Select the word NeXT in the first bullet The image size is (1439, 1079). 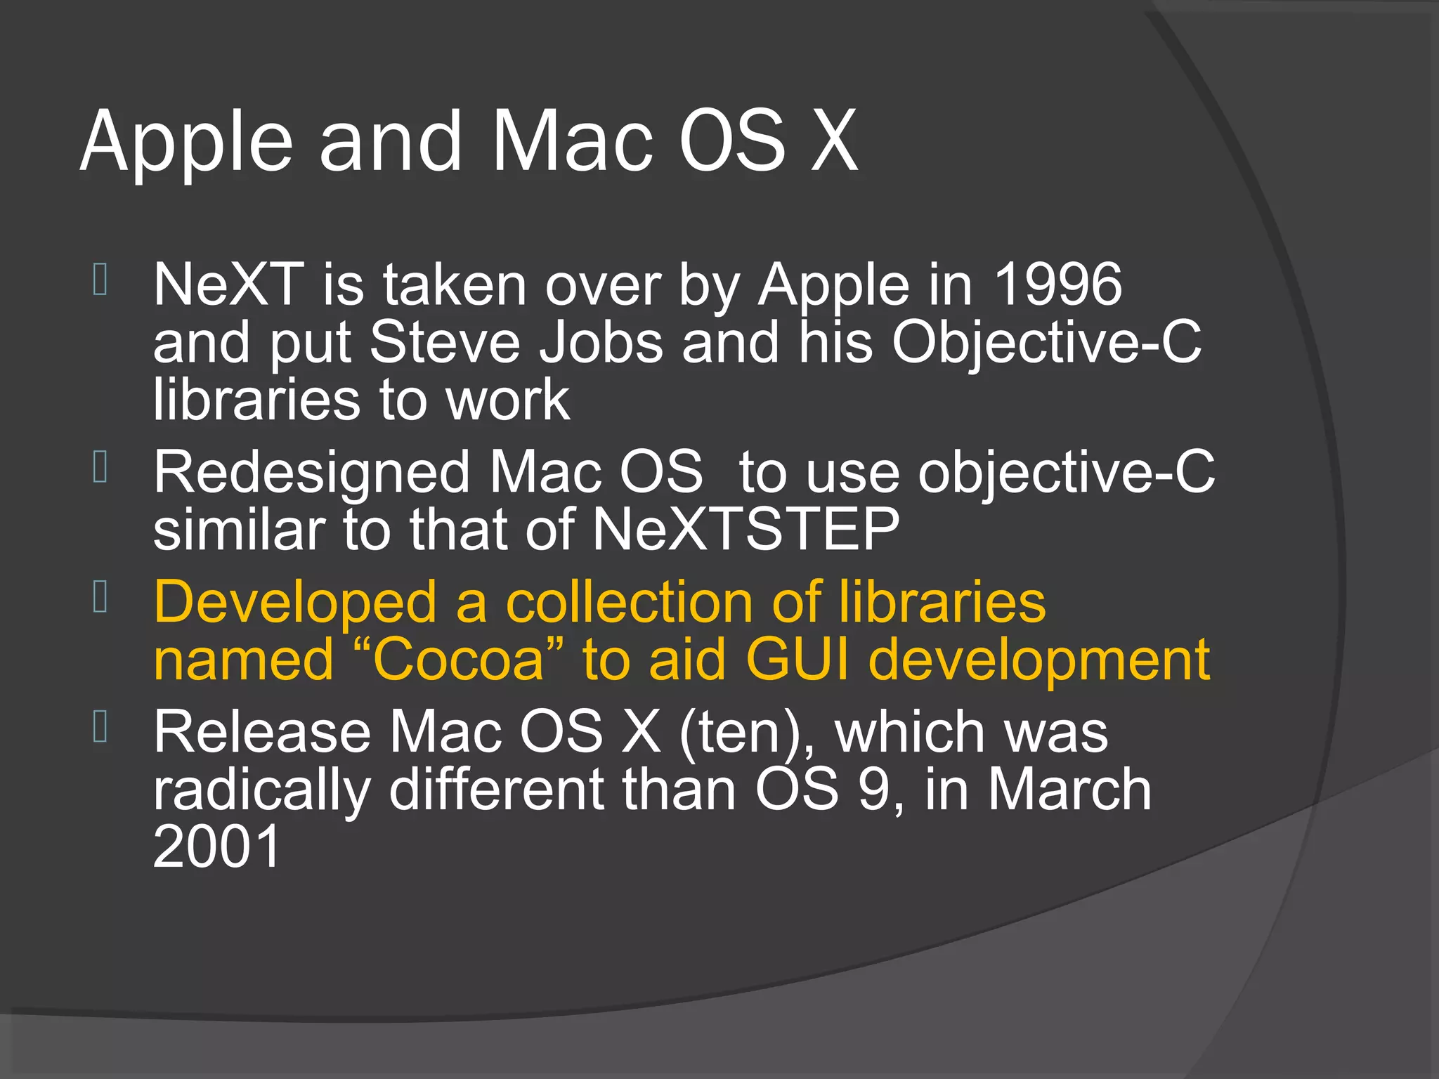click(229, 285)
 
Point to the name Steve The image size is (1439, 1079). click(445, 342)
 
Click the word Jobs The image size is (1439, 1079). click(601, 342)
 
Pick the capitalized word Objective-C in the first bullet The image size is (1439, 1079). click(1046, 342)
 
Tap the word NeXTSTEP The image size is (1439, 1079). click(745, 530)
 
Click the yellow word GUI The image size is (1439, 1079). click(797, 660)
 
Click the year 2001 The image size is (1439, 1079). click(217, 847)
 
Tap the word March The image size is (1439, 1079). click(1069, 790)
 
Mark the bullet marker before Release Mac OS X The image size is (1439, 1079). click(100, 726)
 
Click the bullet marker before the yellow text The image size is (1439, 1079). click(100, 596)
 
